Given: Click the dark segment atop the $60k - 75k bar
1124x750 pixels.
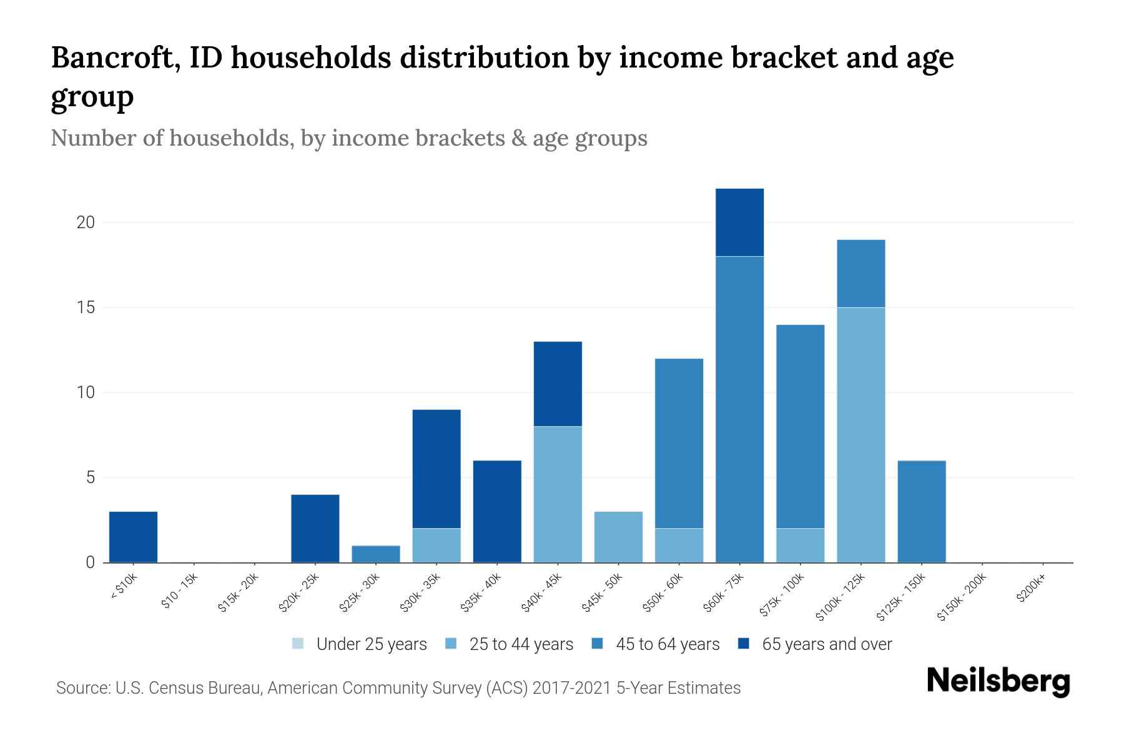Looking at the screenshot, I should [739, 222].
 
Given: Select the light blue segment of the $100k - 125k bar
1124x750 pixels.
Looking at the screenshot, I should [860, 435].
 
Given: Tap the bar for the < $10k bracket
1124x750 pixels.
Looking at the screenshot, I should [133, 537].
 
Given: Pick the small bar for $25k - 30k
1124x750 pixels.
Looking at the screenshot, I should [376, 554].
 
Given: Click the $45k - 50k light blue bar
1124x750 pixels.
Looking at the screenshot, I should [618, 537].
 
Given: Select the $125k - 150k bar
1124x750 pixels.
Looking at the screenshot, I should [921, 511].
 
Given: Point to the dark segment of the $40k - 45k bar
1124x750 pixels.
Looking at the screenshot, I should [558, 384].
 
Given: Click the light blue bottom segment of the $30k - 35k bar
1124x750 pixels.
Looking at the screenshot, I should [436, 545].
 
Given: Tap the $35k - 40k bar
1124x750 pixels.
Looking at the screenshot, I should [497, 511].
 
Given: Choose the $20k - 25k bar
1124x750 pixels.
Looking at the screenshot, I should [315, 528].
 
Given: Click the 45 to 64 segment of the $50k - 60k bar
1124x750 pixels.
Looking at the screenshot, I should [679, 443].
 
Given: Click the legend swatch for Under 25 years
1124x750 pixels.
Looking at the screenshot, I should [298, 644].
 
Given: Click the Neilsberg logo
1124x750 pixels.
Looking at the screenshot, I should [998, 681].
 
